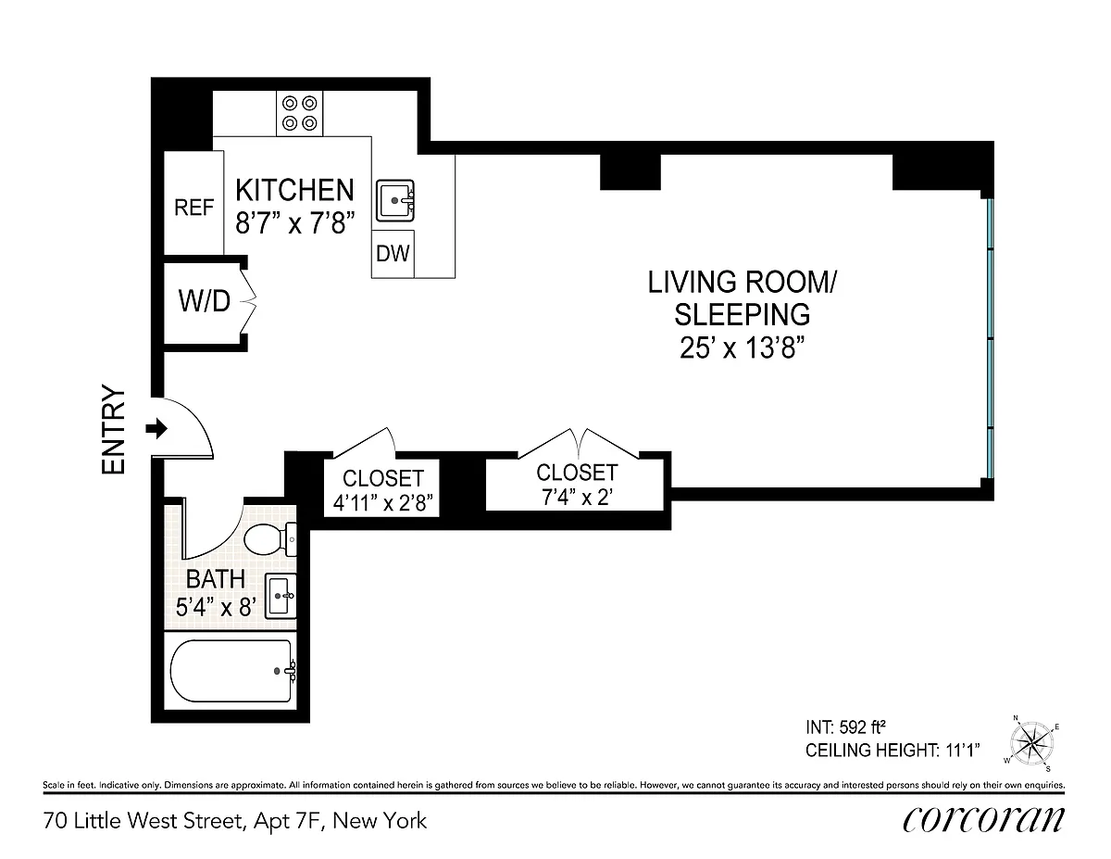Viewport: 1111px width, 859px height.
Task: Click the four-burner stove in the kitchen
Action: click(x=300, y=113)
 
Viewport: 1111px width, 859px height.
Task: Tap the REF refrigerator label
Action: click(x=193, y=208)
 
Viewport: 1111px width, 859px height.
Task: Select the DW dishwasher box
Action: click(x=393, y=254)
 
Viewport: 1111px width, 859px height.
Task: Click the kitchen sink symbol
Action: click(x=395, y=200)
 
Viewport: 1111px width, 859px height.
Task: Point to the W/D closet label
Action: click(x=205, y=301)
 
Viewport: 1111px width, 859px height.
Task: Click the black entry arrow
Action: click(x=156, y=428)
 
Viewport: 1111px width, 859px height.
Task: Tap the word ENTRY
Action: click(x=114, y=430)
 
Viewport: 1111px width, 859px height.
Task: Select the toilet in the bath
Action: click(x=270, y=538)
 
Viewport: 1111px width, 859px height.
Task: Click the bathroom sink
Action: click(x=281, y=596)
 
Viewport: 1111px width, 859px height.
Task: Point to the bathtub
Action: click(x=233, y=671)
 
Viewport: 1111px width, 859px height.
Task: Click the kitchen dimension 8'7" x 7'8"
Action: click(x=295, y=223)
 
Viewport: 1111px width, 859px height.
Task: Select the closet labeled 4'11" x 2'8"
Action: click(x=382, y=487)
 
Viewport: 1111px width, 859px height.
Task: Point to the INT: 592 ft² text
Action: click(x=845, y=727)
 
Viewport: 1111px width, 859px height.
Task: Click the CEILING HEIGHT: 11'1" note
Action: click(x=893, y=751)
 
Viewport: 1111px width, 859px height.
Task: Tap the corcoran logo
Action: click(x=983, y=821)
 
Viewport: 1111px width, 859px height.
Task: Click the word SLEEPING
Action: click(x=743, y=315)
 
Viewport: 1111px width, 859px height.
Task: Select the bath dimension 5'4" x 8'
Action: click(x=216, y=608)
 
